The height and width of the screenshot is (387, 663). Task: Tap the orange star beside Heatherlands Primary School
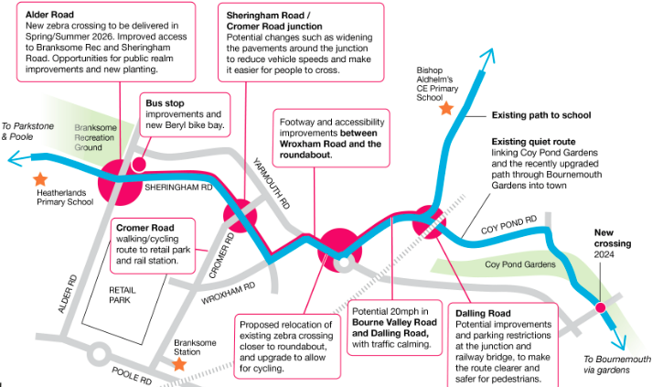[39, 178]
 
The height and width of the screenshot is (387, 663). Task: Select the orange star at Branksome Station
[179, 363]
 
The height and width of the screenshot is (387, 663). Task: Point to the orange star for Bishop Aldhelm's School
[446, 108]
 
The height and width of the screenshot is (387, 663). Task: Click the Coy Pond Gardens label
[519, 264]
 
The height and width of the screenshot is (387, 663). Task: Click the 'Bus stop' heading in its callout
[165, 103]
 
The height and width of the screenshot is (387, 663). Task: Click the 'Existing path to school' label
[541, 115]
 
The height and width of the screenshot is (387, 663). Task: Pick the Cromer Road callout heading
[144, 226]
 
